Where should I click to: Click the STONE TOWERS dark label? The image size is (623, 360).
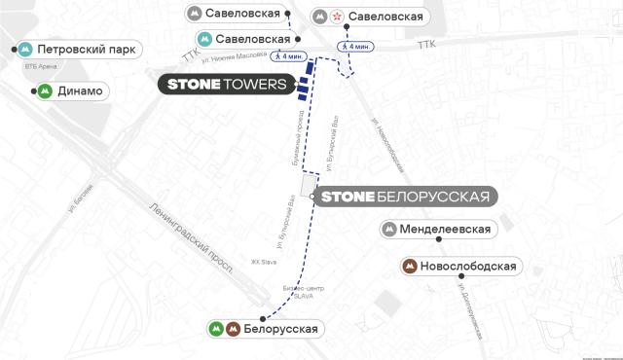[227, 85]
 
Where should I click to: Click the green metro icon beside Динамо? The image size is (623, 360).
[45, 91]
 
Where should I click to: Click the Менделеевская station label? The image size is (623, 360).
[443, 230]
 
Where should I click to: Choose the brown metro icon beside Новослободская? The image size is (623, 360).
[410, 266]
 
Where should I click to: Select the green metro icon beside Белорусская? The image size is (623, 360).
[216, 329]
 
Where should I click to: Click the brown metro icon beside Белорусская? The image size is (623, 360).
[234, 329]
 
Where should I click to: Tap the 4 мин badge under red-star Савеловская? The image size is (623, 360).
[354, 47]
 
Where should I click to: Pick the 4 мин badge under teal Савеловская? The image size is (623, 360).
[291, 55]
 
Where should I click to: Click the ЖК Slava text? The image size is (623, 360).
[264, 261]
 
